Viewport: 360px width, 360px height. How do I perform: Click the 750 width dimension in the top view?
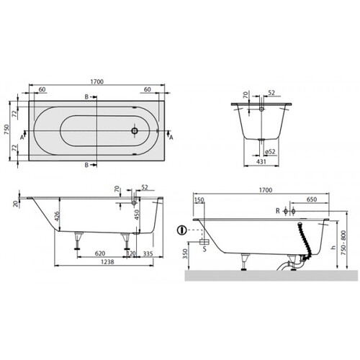7,130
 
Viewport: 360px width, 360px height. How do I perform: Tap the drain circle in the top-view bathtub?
135,131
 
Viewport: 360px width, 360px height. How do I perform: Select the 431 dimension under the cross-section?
261,162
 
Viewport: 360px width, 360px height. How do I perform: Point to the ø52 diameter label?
270,152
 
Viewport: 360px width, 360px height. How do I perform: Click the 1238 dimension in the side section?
107,262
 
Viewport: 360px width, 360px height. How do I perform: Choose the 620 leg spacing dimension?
100,253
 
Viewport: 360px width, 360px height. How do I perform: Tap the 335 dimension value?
148,253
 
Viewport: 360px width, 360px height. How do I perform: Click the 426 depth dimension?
56,217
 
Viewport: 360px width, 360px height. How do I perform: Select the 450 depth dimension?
137,215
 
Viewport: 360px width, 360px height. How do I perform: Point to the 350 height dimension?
185,253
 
